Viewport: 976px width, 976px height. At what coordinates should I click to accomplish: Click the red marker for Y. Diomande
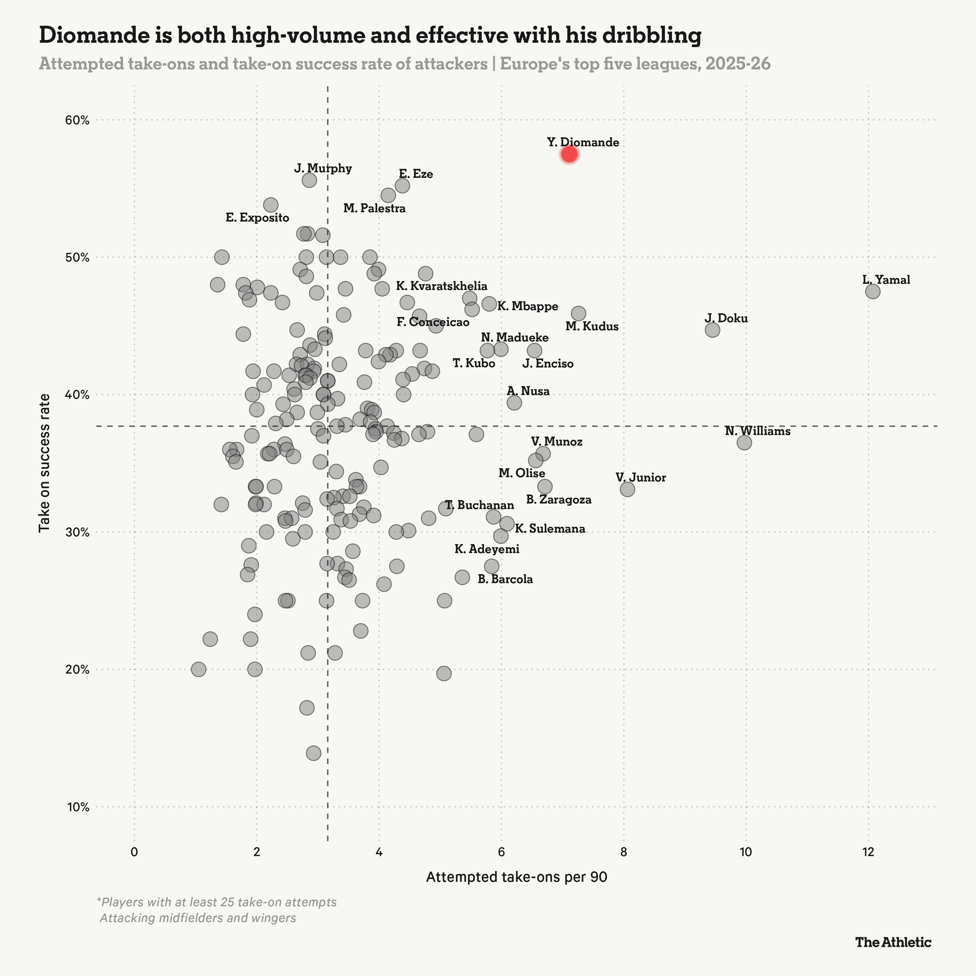[569, 154]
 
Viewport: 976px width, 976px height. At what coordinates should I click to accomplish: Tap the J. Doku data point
[712, 330]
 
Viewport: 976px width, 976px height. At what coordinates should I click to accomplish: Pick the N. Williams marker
[744, 442]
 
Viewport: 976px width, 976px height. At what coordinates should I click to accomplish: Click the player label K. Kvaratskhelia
[442, 286]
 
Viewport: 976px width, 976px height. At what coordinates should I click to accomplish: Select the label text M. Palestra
[374, 209]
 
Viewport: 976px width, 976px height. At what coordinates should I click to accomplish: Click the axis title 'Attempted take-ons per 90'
[516, 877]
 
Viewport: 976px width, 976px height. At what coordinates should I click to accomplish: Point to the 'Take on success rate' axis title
[44, 463]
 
